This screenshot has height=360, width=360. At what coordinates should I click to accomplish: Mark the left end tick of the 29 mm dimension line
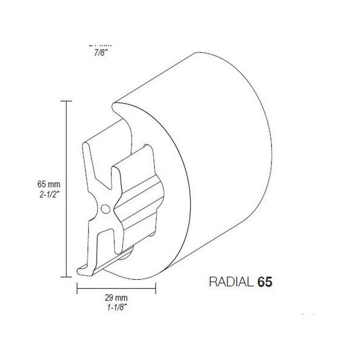point(76,288)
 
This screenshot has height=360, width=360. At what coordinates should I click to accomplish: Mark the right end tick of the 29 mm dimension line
point(156,288)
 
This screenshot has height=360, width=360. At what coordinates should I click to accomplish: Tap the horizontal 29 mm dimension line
point(116,288)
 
